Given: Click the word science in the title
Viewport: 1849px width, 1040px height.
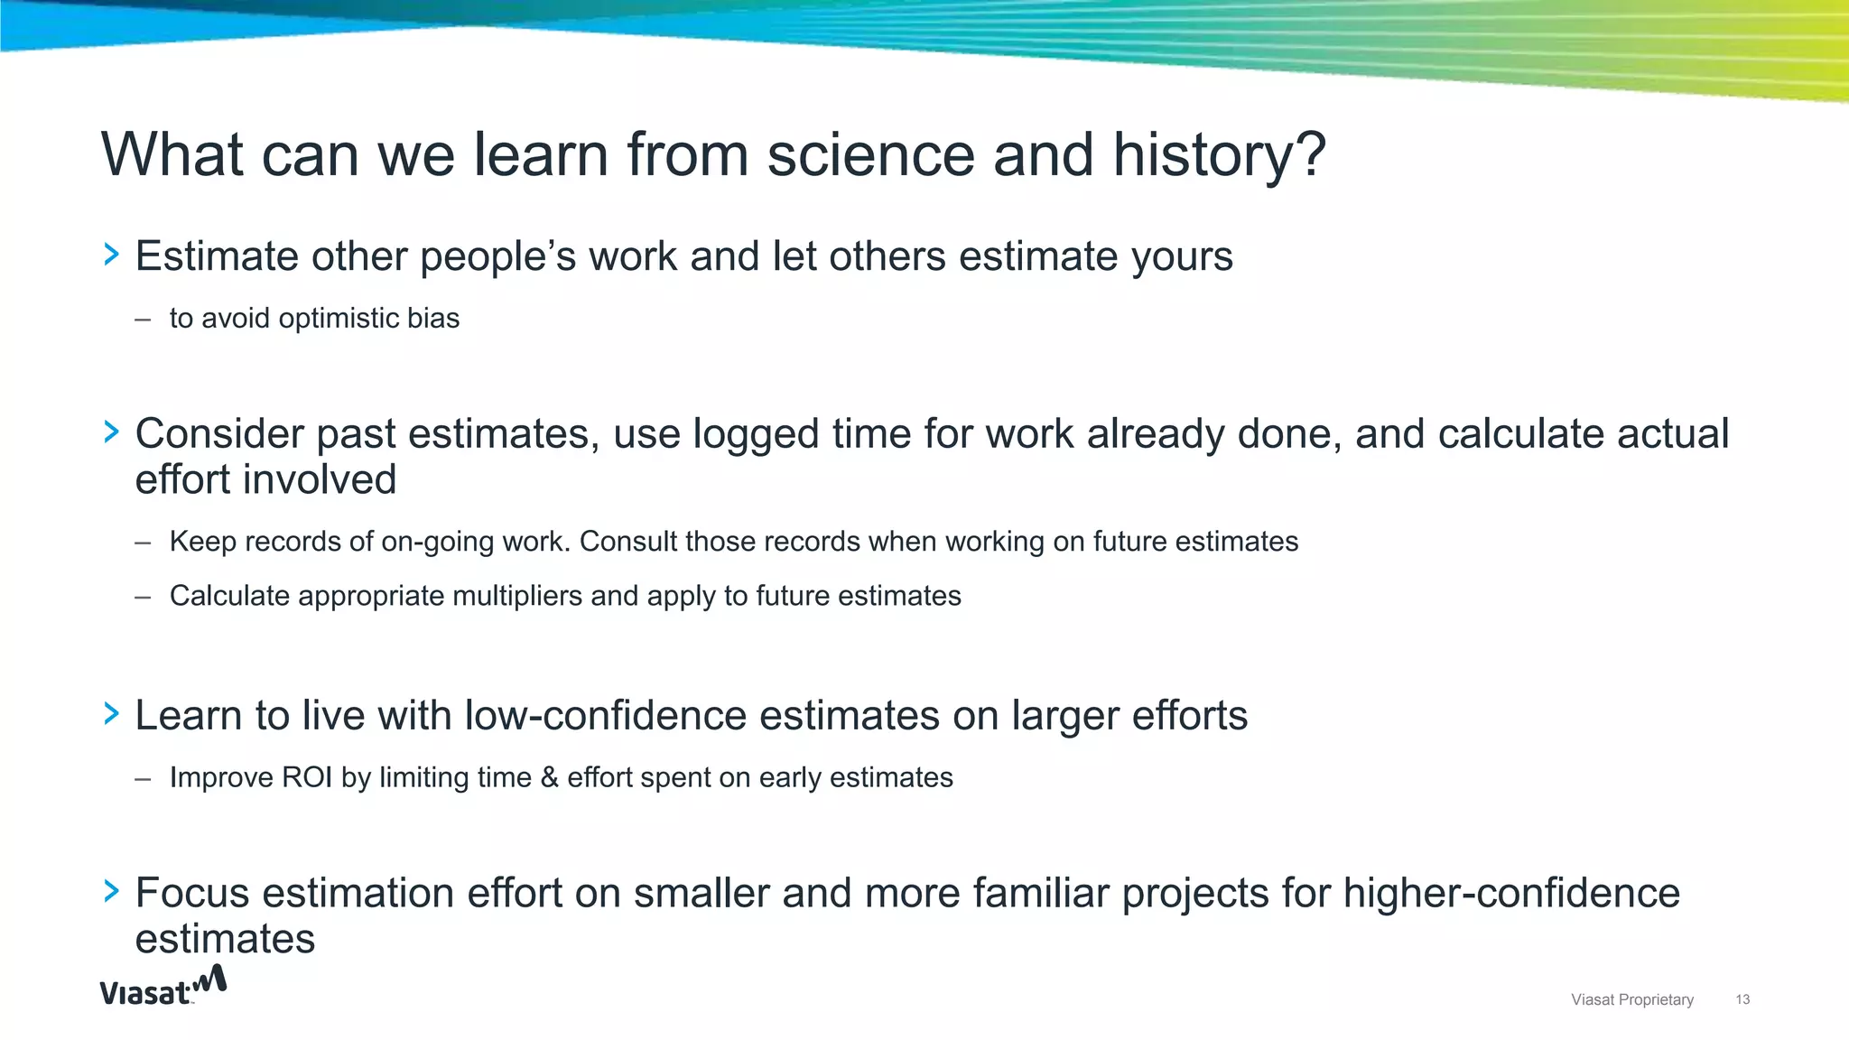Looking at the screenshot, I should pyautogui.click(x=870, y=155).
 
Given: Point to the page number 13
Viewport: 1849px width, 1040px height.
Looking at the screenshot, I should pyautogui.click(x=1742, y=999).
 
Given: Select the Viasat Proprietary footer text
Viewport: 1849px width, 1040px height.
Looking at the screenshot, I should pyautogui.click(x=1631, y=999).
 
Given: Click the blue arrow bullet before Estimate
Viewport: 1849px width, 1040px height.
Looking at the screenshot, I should pyautogui.click(x=112, y=255).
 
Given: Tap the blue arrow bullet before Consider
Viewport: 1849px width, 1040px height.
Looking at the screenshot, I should pyautogui.click(x=112, y=433).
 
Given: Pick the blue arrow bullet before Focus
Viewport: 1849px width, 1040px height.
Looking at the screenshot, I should pyautogui.click(x=112, y=892).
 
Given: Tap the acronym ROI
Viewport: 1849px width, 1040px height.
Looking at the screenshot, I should pyautogui.click(x=307, y=777).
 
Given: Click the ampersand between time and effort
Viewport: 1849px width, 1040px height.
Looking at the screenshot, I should pyautogui.click(x=549, y=777).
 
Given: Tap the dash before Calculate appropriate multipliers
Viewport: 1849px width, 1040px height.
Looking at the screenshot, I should pyautogui.click(x=143, y=597).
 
